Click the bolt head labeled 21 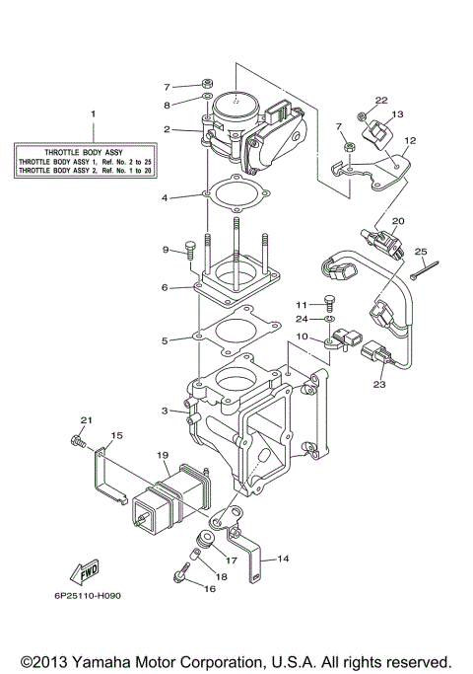(x=75, y=440)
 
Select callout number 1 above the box (x=95, y=114)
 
